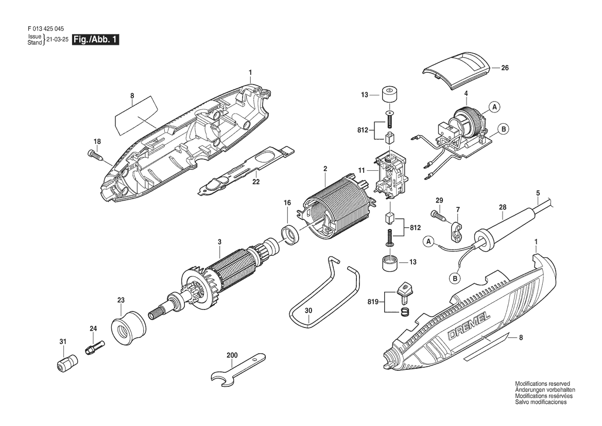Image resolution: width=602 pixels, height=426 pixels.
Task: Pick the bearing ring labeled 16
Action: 291,235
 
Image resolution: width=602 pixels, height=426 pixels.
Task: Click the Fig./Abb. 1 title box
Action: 96,39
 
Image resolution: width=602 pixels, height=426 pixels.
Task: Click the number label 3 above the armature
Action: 219,242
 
